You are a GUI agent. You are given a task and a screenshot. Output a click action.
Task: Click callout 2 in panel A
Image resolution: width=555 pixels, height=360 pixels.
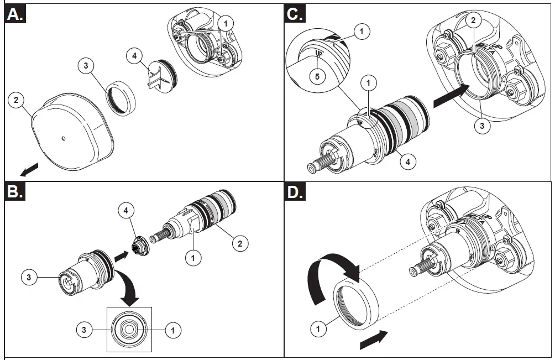[x=17, y=101]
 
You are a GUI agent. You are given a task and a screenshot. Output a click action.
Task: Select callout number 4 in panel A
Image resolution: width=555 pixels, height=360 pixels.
[x=134, y=55]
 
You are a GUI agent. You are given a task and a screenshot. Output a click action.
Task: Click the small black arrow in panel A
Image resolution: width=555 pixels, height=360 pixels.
[x=33, y=166]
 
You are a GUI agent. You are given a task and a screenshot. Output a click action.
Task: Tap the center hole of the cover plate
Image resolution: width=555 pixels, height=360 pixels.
[x=64, y=138]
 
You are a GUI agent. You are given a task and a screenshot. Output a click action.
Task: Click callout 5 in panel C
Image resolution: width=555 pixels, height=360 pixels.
[x=317, y=76]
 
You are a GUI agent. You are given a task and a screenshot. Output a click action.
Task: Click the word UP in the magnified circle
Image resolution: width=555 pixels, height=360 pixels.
[x=319, y=55]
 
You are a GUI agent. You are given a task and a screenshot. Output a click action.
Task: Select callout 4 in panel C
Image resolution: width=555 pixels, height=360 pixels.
[x=408, y=162]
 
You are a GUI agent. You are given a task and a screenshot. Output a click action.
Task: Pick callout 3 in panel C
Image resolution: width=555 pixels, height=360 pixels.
[x=482, y=126]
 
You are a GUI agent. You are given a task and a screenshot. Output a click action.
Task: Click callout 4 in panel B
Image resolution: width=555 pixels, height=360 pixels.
[x=126, y=211]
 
